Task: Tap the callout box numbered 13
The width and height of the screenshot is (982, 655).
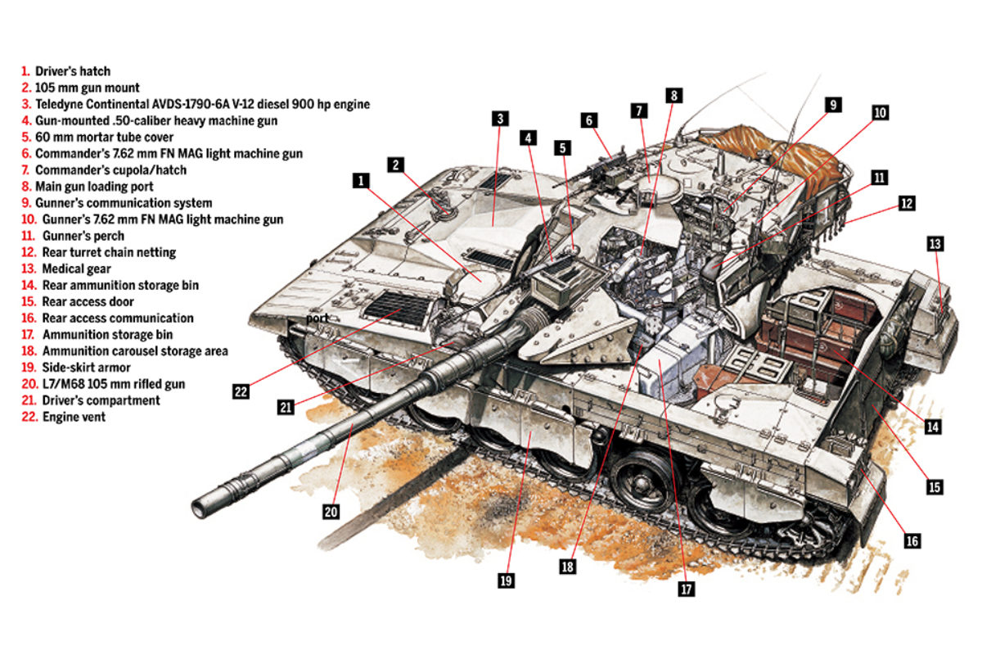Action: (x=935, y=243)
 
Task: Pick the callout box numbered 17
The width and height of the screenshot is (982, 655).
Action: (x=686, y=588)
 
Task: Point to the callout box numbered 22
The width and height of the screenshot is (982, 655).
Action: (x=241, y=391)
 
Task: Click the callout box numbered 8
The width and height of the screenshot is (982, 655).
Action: (x=673, y=95)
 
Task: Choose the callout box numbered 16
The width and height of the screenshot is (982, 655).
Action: (x=912, y=540)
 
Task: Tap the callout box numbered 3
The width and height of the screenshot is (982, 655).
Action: (x=500, y=119)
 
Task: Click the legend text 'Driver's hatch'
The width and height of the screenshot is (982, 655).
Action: (x=72, y=71)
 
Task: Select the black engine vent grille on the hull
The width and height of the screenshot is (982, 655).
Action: (x=399, y=308)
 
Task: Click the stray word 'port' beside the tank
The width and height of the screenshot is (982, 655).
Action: (x=318, y=317)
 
